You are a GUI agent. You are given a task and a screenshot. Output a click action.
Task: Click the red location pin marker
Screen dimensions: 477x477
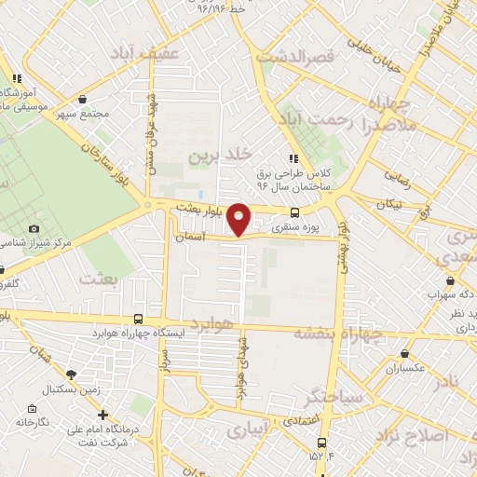point(239,218)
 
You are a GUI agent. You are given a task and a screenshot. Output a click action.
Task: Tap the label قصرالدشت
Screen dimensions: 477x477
point(323,57)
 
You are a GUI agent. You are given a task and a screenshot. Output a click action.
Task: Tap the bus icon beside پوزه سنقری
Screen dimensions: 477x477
point(295,211)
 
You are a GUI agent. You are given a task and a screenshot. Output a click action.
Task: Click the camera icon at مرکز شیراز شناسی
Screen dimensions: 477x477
point(34,228)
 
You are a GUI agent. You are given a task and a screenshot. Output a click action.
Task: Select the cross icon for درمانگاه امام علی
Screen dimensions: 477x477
point(102,415)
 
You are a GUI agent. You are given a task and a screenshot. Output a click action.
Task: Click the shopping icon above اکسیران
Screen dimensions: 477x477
point(404,353)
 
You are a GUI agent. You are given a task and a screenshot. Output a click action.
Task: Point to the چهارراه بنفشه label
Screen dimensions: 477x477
point(339,333)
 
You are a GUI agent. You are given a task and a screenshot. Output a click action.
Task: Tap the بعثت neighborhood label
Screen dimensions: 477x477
point(102,279)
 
